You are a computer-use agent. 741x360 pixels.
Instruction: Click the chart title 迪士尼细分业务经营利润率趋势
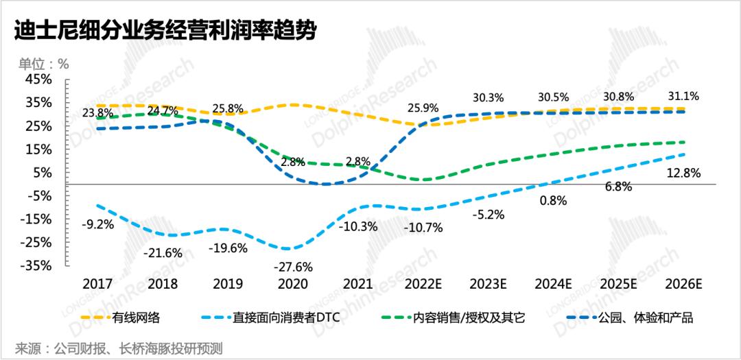[165, 31]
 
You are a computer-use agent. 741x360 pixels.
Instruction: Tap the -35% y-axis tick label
[38, 265]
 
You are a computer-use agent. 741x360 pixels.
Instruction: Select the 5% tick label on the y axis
[43, 172]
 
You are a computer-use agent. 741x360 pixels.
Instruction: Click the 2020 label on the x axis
[293, 284]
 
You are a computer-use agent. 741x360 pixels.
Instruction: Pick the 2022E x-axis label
[423, 284]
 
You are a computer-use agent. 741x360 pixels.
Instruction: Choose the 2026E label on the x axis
[684, 284]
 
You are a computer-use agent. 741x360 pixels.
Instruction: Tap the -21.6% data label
[163, 252]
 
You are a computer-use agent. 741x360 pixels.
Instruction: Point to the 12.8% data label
[683, 173]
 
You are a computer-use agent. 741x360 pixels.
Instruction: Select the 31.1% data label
[683, 96]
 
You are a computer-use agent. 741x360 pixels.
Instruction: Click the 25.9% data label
[423, 108]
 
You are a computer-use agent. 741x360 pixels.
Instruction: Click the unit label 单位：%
[43, 64]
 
